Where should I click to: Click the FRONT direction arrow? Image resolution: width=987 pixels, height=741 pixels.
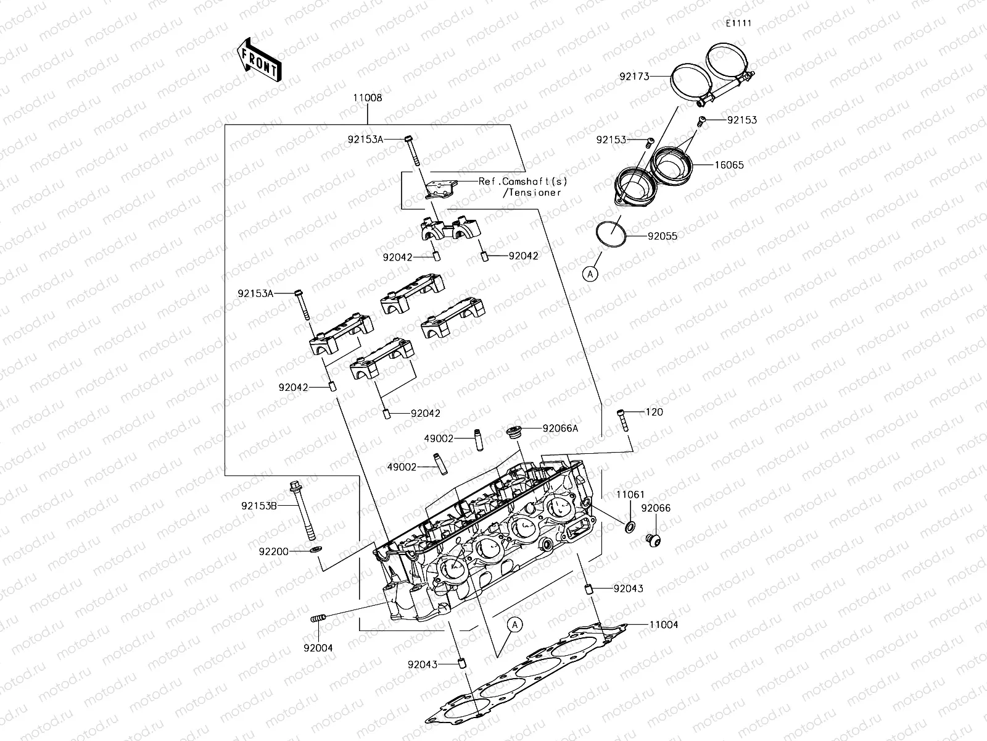click(258, 59)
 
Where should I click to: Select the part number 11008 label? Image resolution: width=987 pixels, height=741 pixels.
click(368, 98)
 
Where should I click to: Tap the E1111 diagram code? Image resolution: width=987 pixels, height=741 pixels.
click(738, 23)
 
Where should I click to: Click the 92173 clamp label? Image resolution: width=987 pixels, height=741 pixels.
click(635, 77)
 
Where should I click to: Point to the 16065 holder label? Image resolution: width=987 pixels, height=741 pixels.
click(729, 165)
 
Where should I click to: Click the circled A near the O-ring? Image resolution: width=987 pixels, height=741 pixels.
click(591, 274)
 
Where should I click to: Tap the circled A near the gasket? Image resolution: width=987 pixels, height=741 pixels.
click(516, 624)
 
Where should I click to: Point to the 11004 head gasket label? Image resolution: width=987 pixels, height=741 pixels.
click(663, 625)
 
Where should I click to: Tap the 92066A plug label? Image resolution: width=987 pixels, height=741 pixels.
click(560, 428)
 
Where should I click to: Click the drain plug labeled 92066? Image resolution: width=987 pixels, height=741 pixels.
click(653, 540)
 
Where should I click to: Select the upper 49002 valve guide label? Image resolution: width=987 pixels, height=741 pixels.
click(439, 438)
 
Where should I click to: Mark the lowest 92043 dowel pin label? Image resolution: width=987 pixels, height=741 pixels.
click(423, 664)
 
